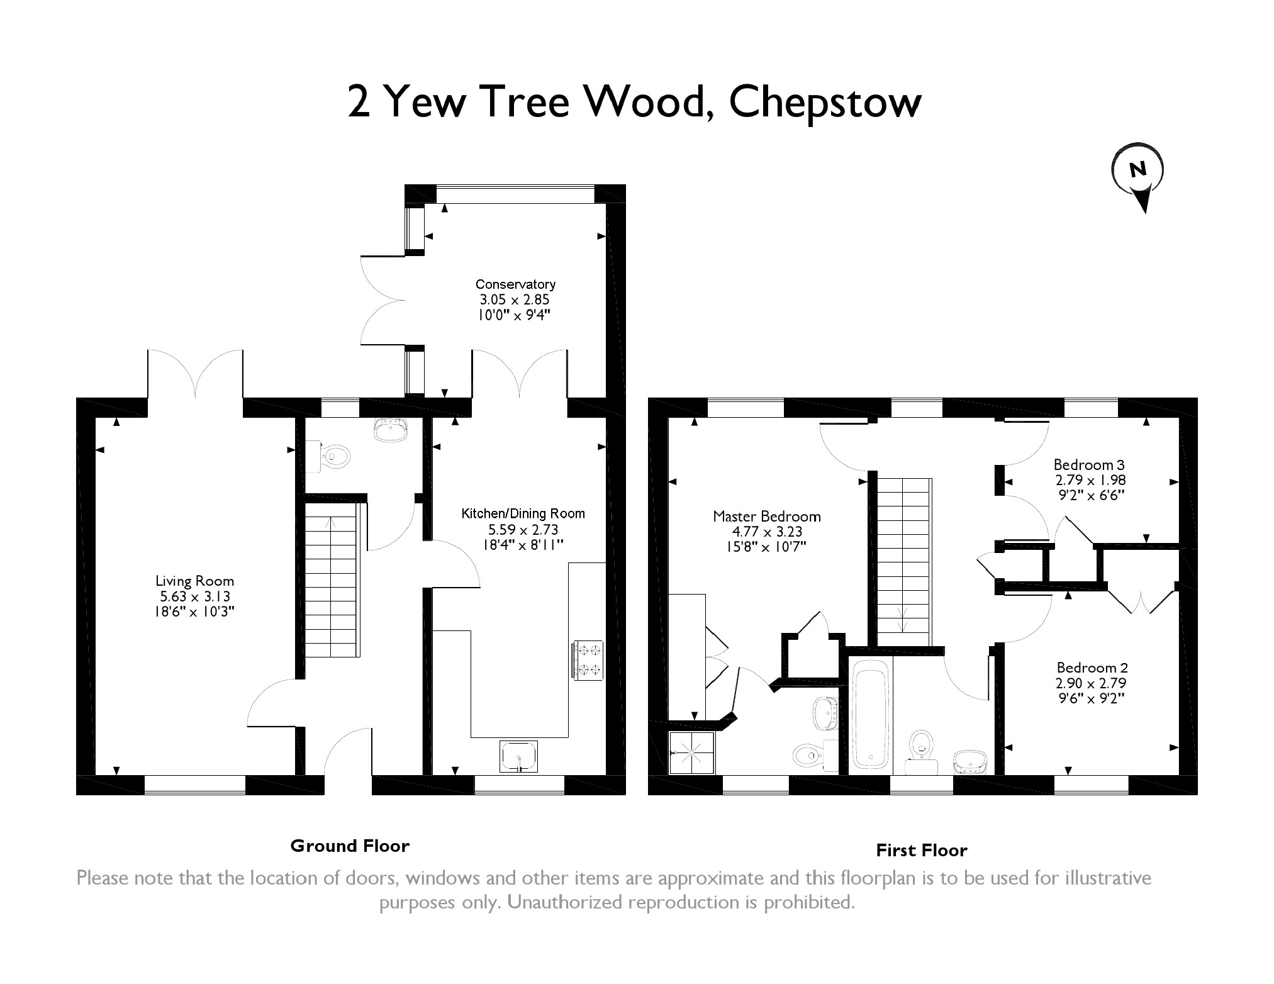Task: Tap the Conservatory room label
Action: point(515,284)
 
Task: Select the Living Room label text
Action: point(194,581)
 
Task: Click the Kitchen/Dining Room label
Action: point(523,513)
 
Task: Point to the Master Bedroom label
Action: point(766,517)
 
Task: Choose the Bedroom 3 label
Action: point(1089,465)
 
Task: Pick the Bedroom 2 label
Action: point(1092,668)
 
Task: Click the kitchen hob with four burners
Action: point(588,659)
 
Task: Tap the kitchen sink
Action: point(519,756)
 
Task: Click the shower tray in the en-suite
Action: point(692,752)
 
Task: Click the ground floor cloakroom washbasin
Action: point(391,431)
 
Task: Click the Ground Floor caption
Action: point(350,846)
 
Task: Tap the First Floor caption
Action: point(921,851)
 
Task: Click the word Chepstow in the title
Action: point(825,102)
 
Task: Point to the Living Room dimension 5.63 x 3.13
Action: point(194,596)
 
